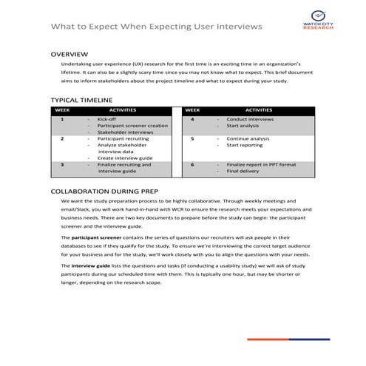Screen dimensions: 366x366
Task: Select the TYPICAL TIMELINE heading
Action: (81, 99)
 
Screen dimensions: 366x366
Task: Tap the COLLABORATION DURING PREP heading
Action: (108, 191)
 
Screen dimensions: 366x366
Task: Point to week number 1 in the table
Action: (62, 119)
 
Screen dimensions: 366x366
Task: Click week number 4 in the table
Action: (192, 119)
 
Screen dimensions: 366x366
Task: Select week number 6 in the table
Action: (192, 164)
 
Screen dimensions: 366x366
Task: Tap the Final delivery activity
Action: (243, 171)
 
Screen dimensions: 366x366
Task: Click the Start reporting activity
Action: (244, 145)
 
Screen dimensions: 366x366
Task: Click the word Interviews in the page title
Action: (237, 27)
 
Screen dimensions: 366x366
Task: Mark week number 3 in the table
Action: (62, 164)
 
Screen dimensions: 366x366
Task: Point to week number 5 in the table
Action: (192, 138)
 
